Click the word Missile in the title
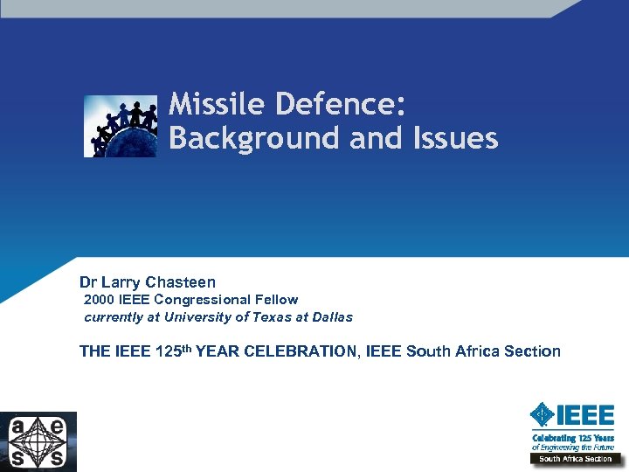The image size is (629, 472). click(x=218, y=105)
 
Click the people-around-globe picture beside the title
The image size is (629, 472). click(x=121, y=126)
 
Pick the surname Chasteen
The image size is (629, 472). click(x=180, y=282)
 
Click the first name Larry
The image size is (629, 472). click(x=121, y=282)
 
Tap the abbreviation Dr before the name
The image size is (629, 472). click(x=88, y=282)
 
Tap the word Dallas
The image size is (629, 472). click(x=329, y=317)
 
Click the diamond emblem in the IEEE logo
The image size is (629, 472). click(x=543, y=414)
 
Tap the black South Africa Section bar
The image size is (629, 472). click(x=575, y=458)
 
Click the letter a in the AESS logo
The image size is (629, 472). click(x=19, y=428)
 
